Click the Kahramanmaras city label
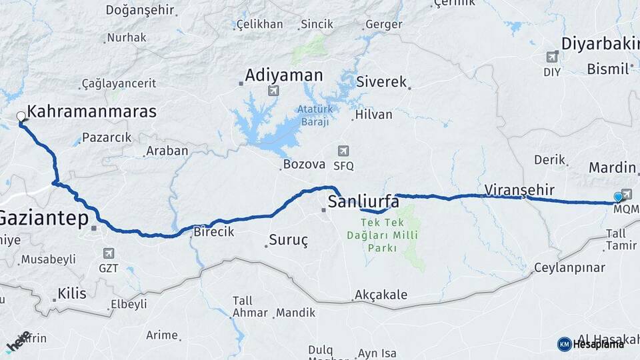[92, 111]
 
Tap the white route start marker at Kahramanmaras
[21, 117]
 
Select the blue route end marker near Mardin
[618, 197]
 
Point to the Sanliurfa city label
[363, 202]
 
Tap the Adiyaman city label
[283, 75]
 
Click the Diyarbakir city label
[600, 44]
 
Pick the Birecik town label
[213, 232]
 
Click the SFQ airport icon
[343, 151]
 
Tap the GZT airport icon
[109, 253]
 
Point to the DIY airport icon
[552, 57]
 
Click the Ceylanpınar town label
[570, 268]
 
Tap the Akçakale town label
[381, 295]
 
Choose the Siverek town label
[381, 83]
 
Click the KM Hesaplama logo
[591, 344]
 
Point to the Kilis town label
[72, 293]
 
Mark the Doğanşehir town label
[140, 11]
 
